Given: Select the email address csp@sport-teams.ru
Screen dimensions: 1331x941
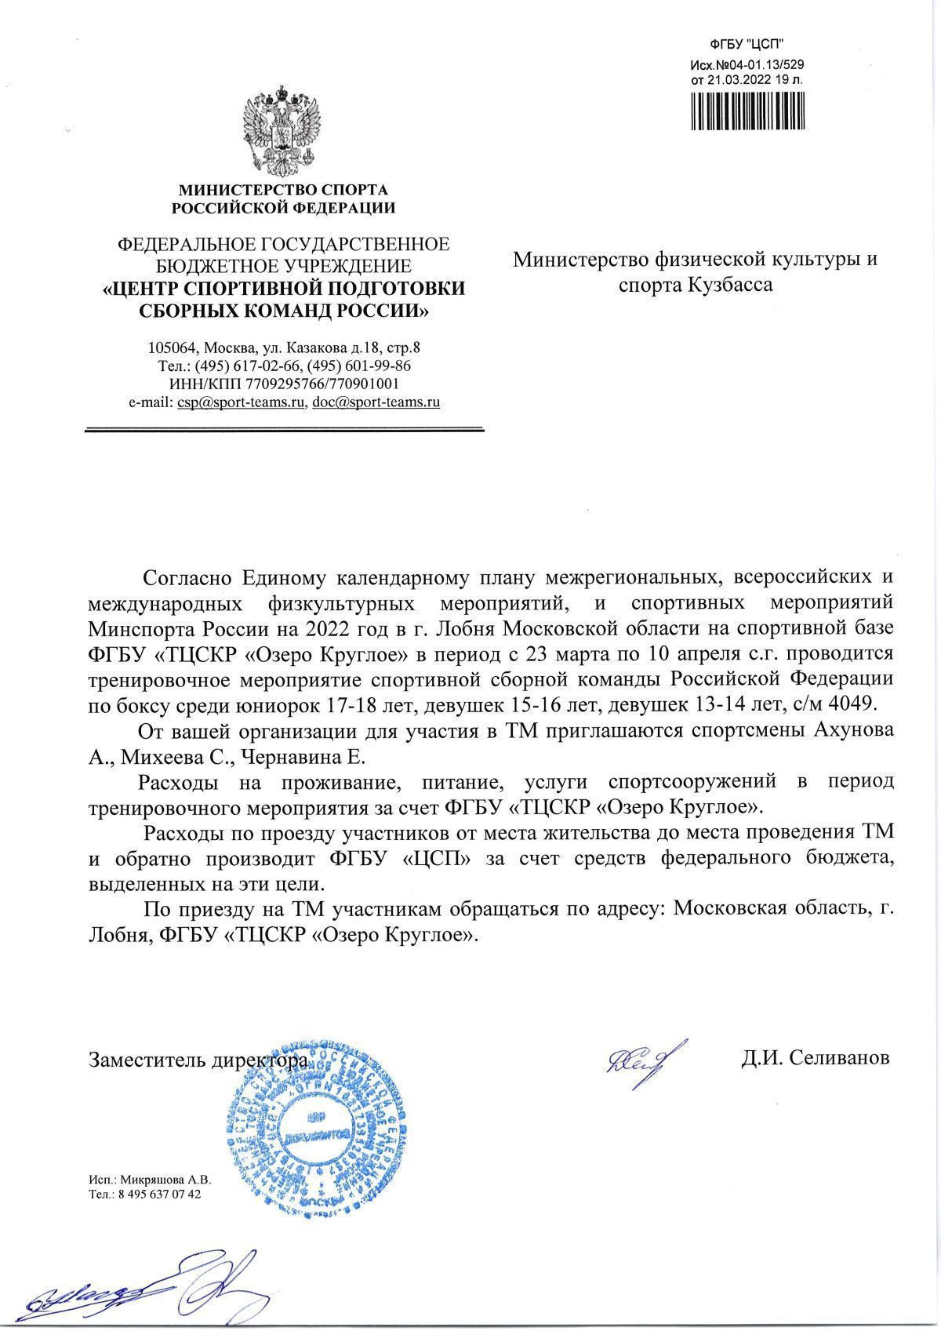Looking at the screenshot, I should [241, 402].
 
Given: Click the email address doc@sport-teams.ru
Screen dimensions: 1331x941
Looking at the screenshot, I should [376, 402].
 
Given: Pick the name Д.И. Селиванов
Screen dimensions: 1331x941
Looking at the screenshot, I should [816, 1058].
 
